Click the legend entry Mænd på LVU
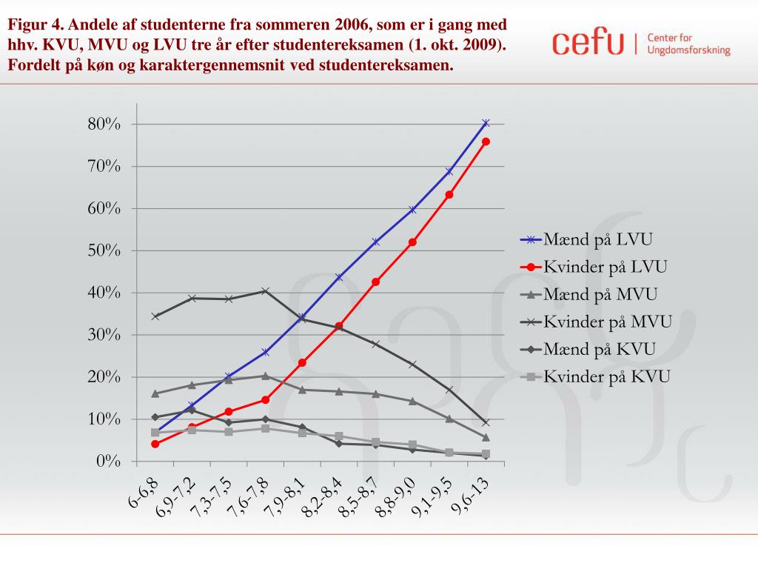pyautogui.click(x=598, y=239)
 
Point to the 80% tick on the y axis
pyautogui.click(x=104, y=124)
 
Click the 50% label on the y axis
pyautogui.click(x=104, y=250)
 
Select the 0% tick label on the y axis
pyautogui.click(x=108, y=462)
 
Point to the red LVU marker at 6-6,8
pyautogui.click(x=155, y=444)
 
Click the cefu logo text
pyautogui.click(x=588, y=42)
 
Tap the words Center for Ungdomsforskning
pyautogui.click(x=688, y=44)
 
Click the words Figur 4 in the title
pyautogui.click(x=34, y=24)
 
